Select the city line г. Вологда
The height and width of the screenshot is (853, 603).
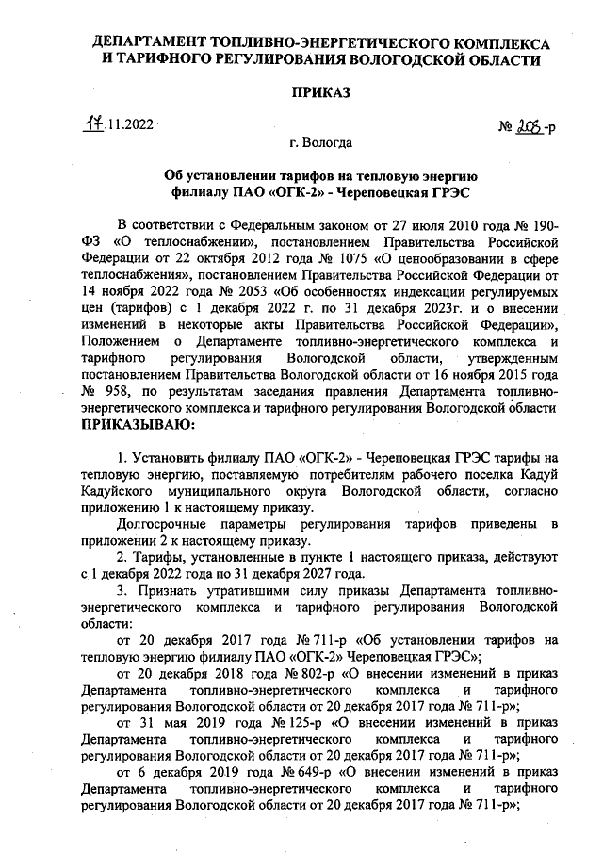(321, 144)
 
